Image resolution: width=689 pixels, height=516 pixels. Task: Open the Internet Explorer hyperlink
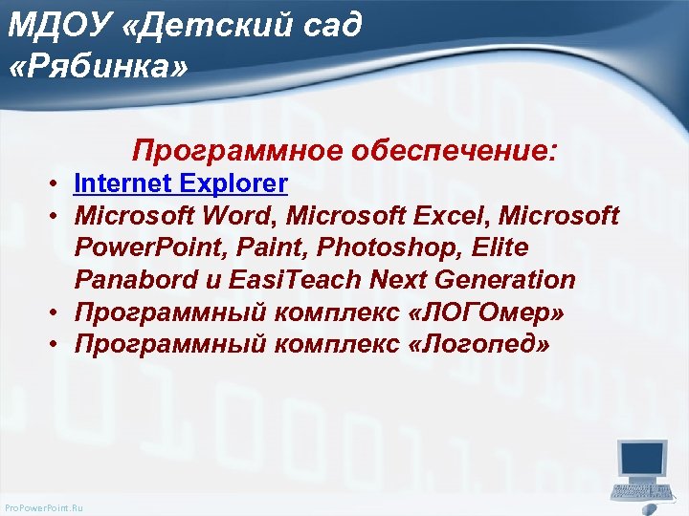180,183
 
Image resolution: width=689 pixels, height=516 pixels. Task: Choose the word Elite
497,248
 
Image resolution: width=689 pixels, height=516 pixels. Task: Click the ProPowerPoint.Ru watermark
44,507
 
